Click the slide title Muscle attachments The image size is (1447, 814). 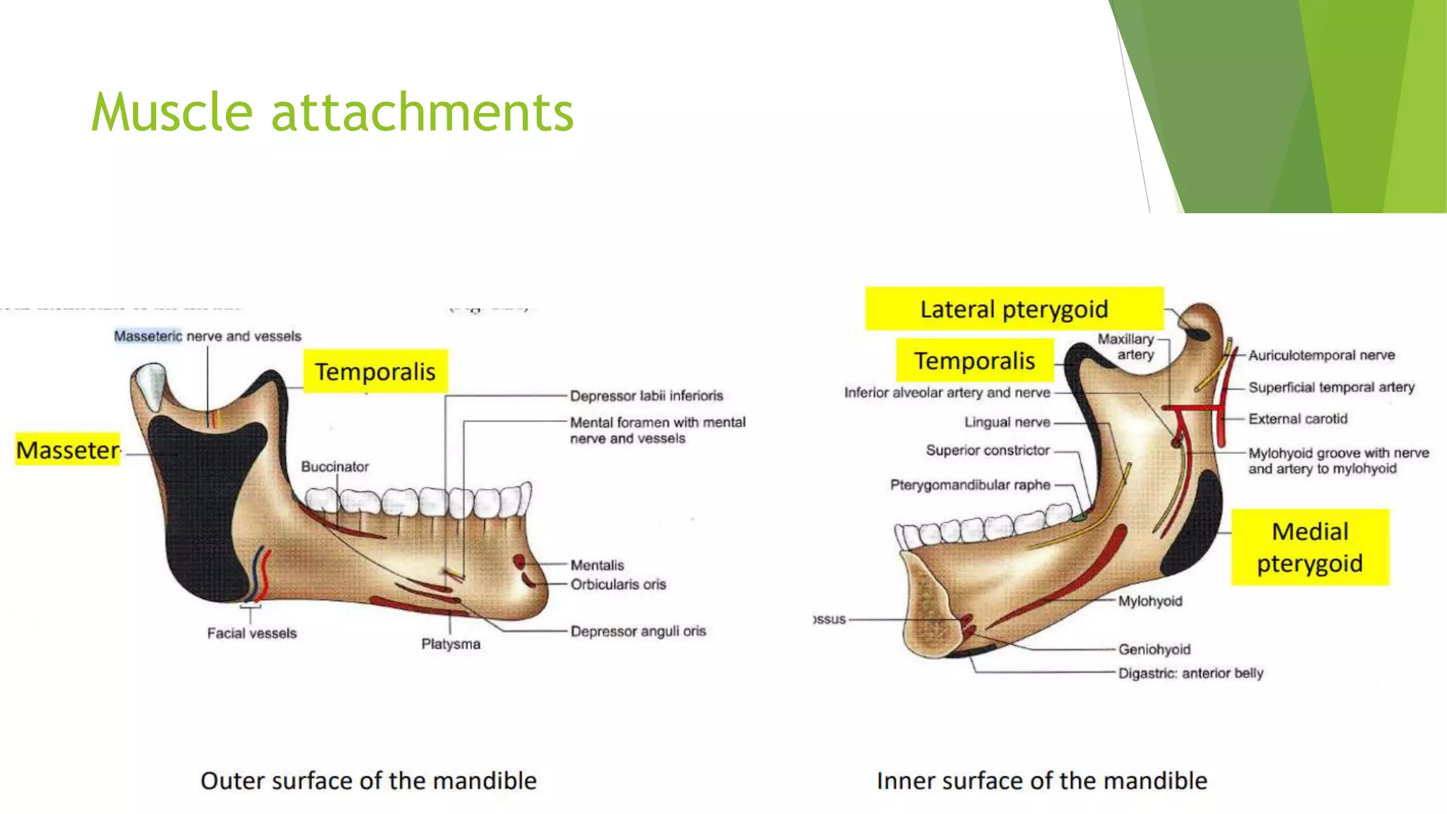332,112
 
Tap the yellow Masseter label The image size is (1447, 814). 68,450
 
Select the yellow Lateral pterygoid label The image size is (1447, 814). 1014,309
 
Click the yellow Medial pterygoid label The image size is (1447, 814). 1309,547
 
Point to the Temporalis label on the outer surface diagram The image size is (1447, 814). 375,371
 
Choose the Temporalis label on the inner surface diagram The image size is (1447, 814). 974,360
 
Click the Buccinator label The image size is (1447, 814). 335,466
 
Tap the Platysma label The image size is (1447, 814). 451,644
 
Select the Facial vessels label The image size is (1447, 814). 252,633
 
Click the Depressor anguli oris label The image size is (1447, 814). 638,631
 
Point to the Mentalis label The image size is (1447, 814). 597,565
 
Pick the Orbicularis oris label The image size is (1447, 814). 618,584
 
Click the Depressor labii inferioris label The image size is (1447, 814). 646,396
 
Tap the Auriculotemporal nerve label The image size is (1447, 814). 1321,355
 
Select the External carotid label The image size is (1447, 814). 1298,419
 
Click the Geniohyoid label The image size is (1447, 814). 1154,649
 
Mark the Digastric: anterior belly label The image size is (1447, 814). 1191,673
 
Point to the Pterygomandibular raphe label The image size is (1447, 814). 970,485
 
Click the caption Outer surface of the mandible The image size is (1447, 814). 368,781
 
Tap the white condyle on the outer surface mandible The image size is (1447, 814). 150,385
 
